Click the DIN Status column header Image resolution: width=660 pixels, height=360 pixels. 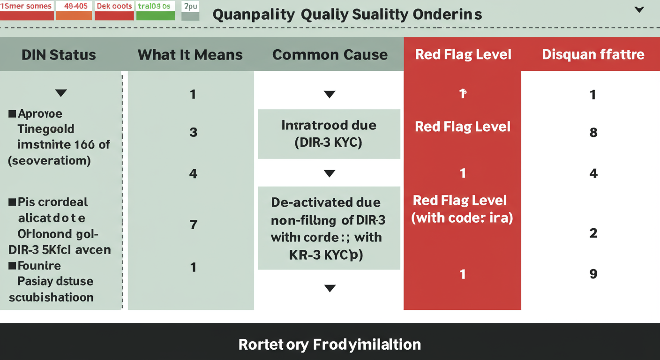pyautogui.click(x=59, y=55)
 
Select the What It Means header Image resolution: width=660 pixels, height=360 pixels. pyautogui.click(x=190, y=55)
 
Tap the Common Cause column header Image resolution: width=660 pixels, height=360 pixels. pyautogui.click(x=330, y=55)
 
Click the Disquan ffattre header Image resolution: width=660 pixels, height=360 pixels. pyautogui.click(x=593, y=54)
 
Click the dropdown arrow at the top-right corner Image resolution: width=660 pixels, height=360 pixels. pyautogui.click(x=639, y=10)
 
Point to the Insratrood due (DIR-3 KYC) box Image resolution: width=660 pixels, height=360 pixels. pyautogui.click(x=329, y=134)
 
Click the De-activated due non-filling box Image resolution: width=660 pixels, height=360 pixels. pyautogui.click(x=329, y=228)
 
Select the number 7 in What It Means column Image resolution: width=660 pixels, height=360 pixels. pyautogui.click(x=193, y=225)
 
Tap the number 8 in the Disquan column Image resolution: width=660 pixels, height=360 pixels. pyautogui.click(x=593, y=133)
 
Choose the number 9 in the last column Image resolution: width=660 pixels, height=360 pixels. pyautogui.click(x=593, y=274)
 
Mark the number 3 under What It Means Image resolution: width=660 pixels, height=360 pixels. pyautogui.click(x=193, y=133)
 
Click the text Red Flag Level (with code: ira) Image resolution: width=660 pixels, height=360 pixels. pyautogui.click(x=462, y=209)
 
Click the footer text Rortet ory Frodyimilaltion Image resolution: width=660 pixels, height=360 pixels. pyautogui.click(x=330, y=345)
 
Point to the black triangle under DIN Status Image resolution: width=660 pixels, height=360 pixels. pyautogui.click(x=61, y=93)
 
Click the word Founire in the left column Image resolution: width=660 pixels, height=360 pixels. pyautogui.click(x=39, y=266)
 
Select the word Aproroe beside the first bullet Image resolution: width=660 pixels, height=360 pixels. pyautogui.click(x=40, y=114)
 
